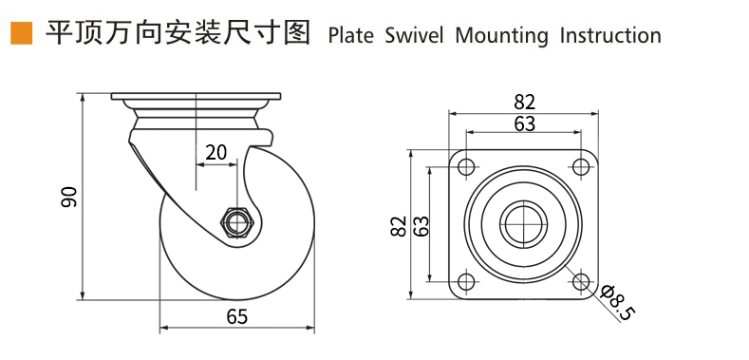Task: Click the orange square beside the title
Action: pyautogui.click(x=21, y=33)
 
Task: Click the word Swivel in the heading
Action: pyautogui.click(x=414, y=36)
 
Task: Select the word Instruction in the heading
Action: pyautogui.click(x=610, y=36)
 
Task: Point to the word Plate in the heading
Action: pyautogui.click(x=350, y=36)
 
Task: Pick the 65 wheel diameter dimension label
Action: pyautogui.click(x=237, y=316)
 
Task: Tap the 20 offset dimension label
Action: pyautogui.click(x=215, y=152)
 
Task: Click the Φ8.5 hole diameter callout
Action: pyautogui.click(x=619, y=303)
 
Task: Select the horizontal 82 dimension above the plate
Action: pyautogui.click(x=525, y=103)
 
